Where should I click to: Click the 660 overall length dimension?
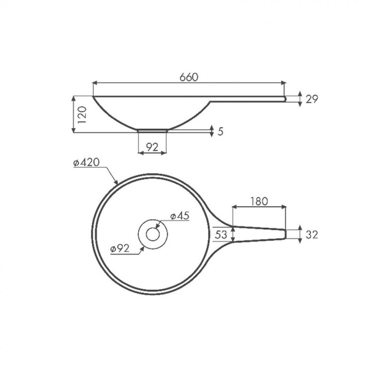point(189,77)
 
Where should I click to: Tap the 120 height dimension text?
point(82,115)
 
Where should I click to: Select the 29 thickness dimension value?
point(312,99)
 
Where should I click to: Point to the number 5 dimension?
point(220,132)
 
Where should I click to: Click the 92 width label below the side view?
point(152,147)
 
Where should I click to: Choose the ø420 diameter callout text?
point(87,163)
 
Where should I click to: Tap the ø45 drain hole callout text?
point(180,216)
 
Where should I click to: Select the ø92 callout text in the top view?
point(120,249)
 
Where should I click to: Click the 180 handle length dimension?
point(259,201)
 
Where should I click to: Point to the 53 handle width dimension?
point(221,234)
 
